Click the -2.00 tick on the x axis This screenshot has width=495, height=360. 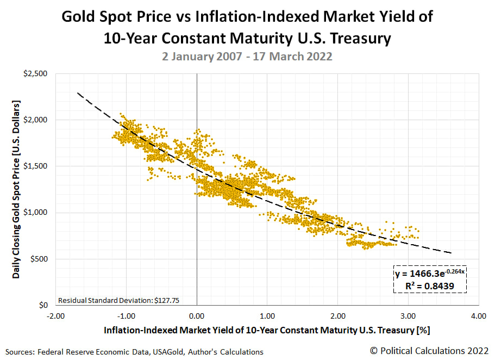55,315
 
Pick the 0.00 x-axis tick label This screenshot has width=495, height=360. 197,315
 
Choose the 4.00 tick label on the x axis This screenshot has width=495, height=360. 478,315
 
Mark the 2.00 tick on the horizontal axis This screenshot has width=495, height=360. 337,315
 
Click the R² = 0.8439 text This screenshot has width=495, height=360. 430,285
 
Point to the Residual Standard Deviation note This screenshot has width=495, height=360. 103,300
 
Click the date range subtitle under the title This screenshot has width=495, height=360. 247,57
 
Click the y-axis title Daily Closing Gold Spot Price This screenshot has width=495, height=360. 17,189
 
